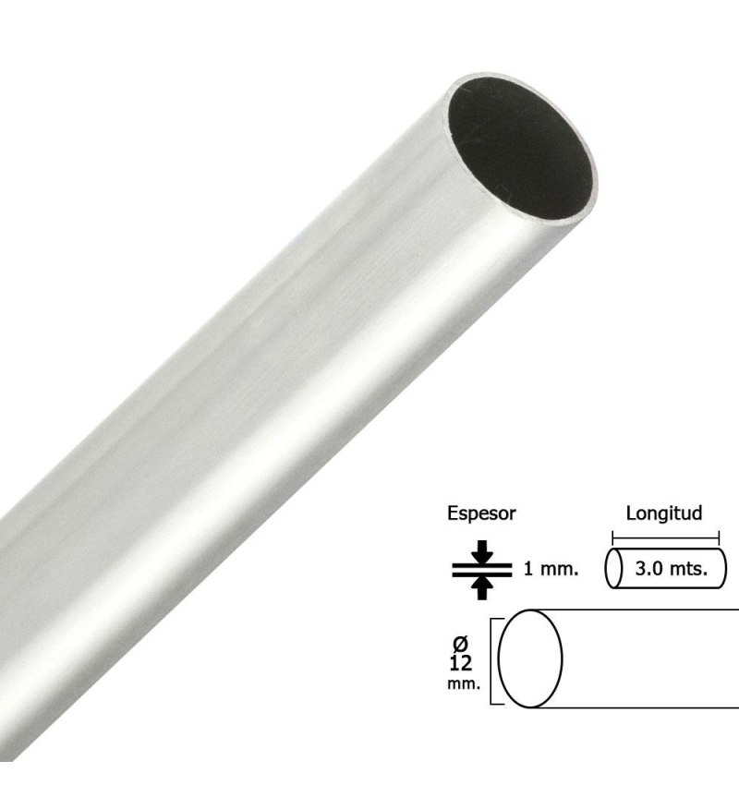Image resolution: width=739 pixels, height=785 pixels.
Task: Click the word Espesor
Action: pos(481,514)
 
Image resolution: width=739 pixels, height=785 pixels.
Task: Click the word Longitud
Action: pos(664,513)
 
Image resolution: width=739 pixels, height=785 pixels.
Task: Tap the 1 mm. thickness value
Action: pos(551,569)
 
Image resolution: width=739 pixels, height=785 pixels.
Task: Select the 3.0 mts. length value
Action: pos(672,569)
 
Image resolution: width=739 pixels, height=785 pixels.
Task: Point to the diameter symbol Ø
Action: pos(460,643)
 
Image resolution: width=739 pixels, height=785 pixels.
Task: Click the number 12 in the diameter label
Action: pos(461,663)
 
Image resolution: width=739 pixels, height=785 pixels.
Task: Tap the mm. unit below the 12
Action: pos(464,683)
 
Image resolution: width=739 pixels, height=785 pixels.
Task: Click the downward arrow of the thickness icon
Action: pos(482,551)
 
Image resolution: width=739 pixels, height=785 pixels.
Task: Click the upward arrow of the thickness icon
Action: pos(482,587)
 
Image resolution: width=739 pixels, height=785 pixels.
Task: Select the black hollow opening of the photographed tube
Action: pos(520,149)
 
